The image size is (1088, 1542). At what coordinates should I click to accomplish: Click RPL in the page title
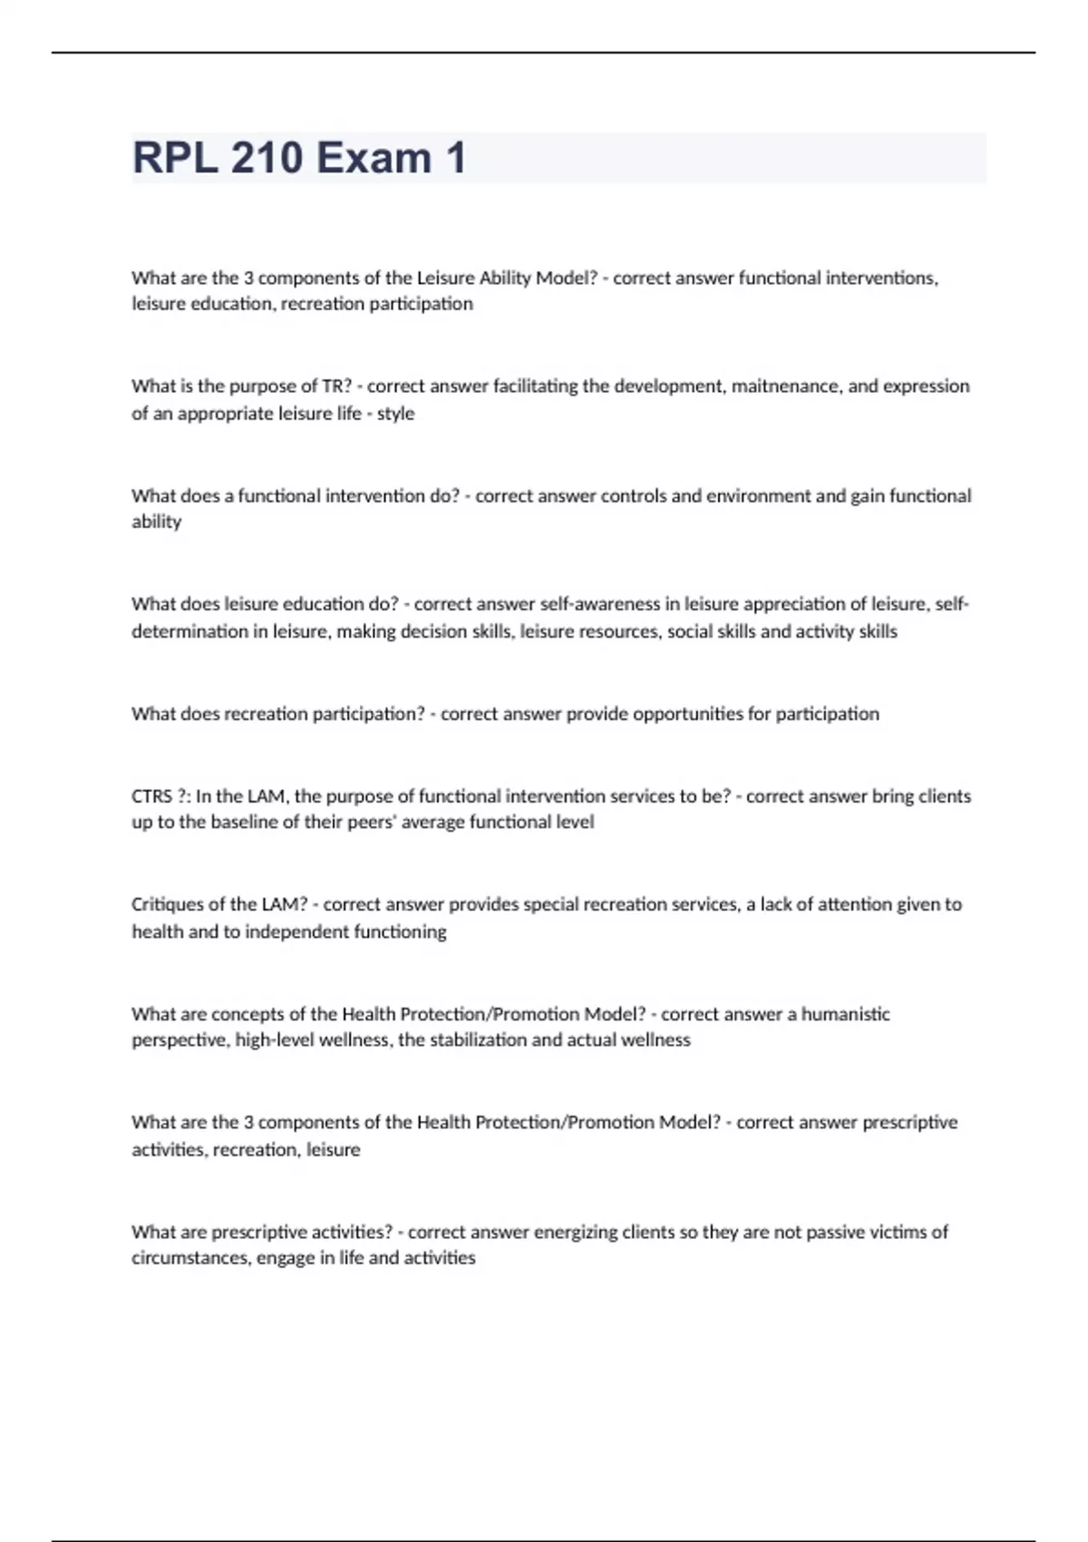pyautogui.click(x=172, y=158)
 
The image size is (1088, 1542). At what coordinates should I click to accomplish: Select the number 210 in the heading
pyautogui.click(x=267, y=158)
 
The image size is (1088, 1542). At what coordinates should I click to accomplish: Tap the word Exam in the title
pyautogui.click(x=374, y=158)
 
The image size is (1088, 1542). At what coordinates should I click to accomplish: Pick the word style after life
pyautogui.click(x=395, y=414)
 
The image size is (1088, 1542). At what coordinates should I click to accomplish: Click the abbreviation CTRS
pyautogui.click(x=152, y=796)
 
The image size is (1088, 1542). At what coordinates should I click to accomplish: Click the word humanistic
pyautogui.click(x=845, y=1014)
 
